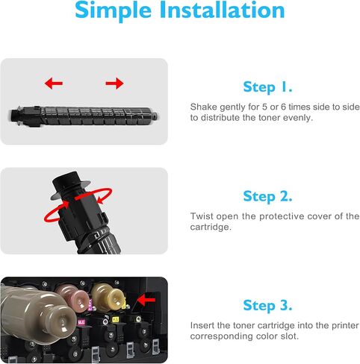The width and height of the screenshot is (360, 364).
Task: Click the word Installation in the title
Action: point(225,11)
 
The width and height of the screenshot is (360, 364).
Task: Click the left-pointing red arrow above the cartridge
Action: point(54,84)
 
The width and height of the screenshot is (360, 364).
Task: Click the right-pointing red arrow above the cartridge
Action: point(114,84)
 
